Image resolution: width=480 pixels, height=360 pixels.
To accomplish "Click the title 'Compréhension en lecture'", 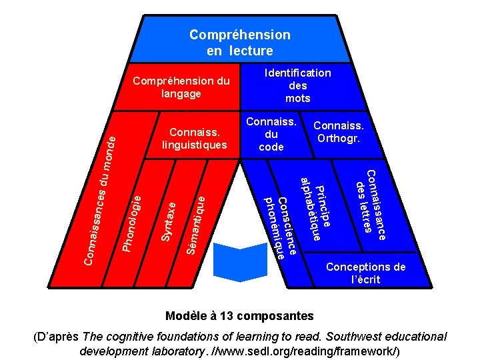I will (x=239, y=42).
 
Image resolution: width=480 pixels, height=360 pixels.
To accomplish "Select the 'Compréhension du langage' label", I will (x=181, y=87).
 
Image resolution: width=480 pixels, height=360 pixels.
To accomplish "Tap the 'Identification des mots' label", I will (x=297, y=85).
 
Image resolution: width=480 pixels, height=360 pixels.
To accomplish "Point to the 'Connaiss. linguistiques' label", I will (x=198, y=138).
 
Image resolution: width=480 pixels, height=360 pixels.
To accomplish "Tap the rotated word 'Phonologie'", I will (x=131, y=222).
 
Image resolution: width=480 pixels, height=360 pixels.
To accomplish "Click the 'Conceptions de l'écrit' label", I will (x=365, y=273).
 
